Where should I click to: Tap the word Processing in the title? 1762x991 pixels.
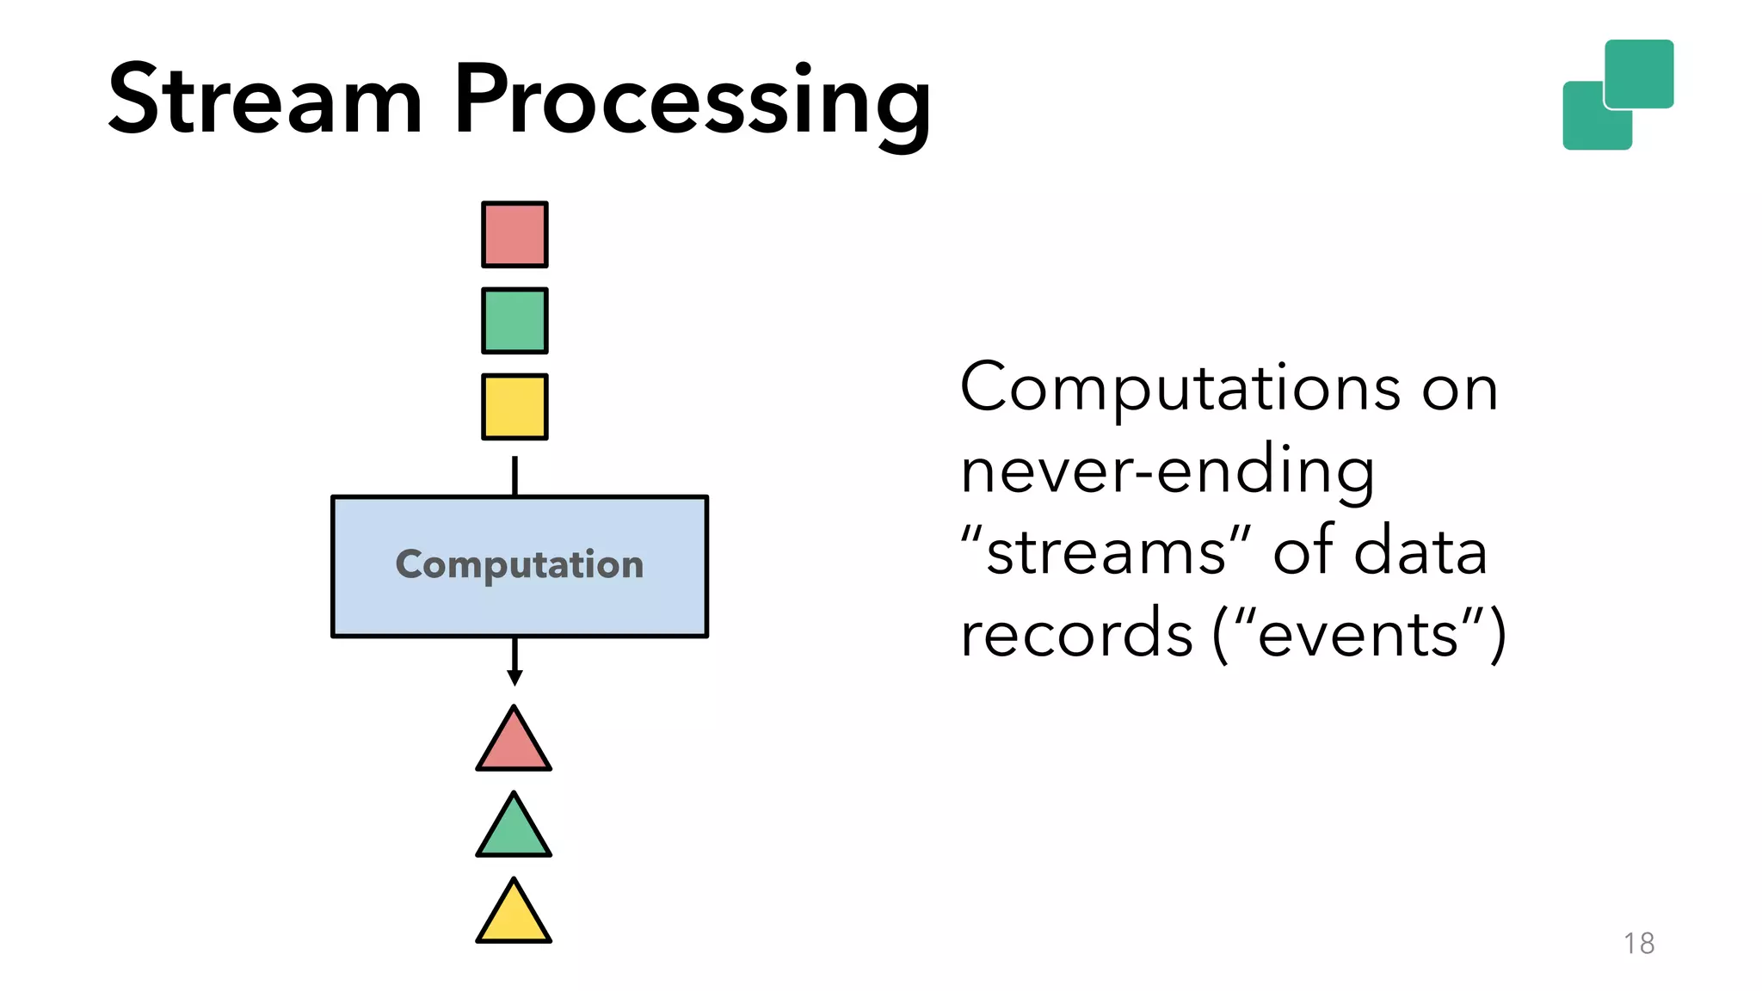tap(692, 102)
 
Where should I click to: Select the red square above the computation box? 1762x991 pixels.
tap(514, 235)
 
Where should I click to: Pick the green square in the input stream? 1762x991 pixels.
tap(514, 321)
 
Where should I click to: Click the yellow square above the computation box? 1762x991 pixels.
tap(514, 407)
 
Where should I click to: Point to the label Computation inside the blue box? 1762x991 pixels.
tap(519, 565)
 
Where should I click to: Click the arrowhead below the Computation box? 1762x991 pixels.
tap(514, 678)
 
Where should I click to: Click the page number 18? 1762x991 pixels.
tap(1638, 944)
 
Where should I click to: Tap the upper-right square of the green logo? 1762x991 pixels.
tap(1640, 72)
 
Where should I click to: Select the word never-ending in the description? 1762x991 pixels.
tap(1167, 471)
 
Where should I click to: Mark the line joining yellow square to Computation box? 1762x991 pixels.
tap(514, 476)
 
